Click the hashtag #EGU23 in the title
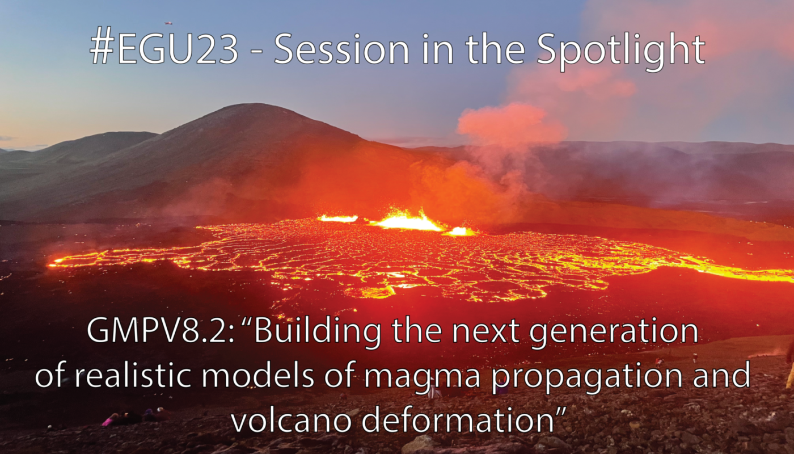coord(164,49)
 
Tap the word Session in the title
coord(341,49)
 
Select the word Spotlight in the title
coord(620,51)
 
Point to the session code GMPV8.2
coord(160,331)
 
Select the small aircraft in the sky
coord(169,23)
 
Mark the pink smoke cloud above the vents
coord(510,123)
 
